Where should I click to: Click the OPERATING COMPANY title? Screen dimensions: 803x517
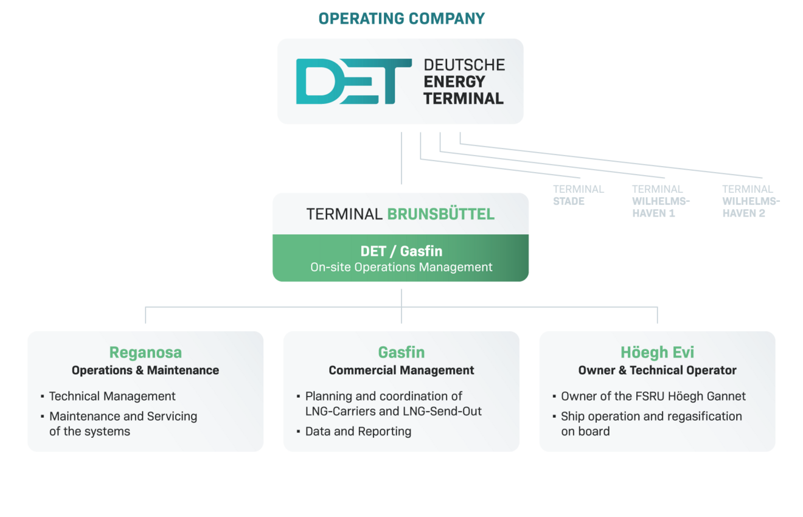(x=401, y=19)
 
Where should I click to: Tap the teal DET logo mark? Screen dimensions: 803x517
(x=353, y=82)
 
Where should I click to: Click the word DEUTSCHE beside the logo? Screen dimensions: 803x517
(x=464, y=65)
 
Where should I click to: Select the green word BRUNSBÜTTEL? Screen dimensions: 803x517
(x=440, y=214)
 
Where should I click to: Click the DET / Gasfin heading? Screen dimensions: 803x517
(x=401, y=251)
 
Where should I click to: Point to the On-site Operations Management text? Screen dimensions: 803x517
(x=401, y=267)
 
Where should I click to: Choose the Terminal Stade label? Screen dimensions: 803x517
(x=579, y=195)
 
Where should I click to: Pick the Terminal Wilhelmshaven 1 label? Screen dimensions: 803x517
(x=661, y=201)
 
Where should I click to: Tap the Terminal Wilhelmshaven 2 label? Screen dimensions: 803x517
(x=751, y=201)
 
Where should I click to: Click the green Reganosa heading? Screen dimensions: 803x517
(x=145, y=352)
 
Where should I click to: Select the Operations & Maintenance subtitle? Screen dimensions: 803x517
(x=145, y=370)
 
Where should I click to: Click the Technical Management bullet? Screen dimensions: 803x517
(x=112, y=396)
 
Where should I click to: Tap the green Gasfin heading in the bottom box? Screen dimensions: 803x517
(x=401, y=352)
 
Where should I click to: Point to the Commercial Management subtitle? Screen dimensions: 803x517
(x=401, y=370)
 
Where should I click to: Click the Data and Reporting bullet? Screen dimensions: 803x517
(x=358, y=431)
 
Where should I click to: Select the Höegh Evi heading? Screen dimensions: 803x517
(x=657, y=352)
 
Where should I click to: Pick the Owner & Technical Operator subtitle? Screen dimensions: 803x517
(x=657, y=370)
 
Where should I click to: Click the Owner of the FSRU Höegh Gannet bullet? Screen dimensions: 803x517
(x=653, y=396)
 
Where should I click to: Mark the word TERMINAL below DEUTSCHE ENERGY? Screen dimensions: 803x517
(x=464, y=99)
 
